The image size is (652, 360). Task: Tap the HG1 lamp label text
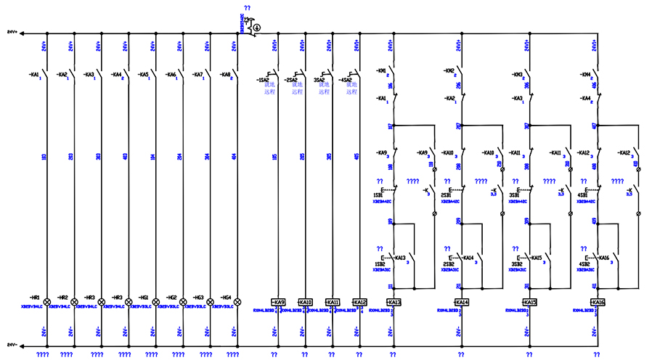pos(143,297)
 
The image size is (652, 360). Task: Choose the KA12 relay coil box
pos(359,302)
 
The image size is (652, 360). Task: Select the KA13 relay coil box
pos(394,302)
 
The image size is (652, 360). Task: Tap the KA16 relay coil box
pos(598,302)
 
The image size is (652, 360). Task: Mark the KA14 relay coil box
pos(461,302)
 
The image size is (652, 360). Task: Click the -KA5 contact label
pos(143,74)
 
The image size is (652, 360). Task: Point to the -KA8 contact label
pos(224,74)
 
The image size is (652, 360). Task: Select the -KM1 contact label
pos(381,71)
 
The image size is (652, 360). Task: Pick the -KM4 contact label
pos(585,74)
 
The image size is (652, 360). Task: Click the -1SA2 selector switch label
pos(264,80)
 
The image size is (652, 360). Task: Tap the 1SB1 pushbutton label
pos(378,196)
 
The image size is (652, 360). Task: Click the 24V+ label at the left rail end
pos(12,33)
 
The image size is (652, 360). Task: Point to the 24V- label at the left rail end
pos(12,344)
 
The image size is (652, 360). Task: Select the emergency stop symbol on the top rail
pos(256,28)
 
